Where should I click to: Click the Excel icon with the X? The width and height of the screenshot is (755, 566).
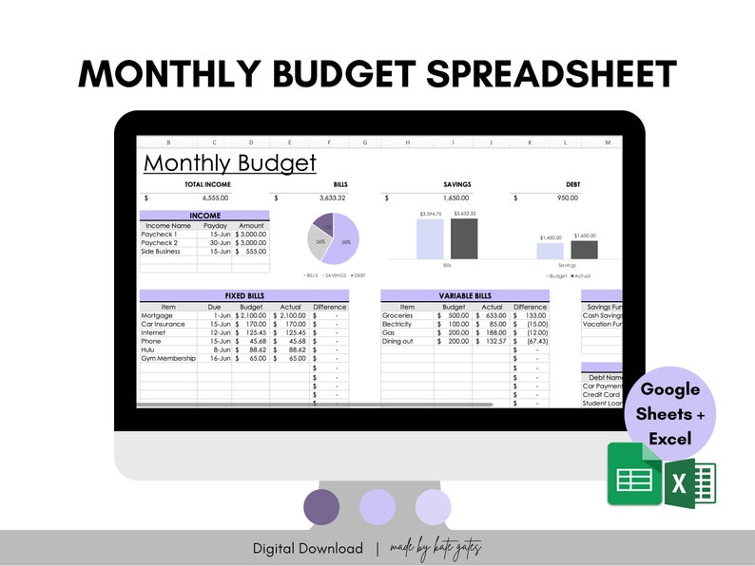click(x=691, y=482)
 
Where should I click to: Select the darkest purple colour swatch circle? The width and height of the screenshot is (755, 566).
click(x=321, y=505)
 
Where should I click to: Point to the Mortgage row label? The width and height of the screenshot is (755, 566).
click(x=157, y=315)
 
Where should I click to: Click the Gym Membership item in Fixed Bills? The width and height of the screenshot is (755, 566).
click(x=168, y=358)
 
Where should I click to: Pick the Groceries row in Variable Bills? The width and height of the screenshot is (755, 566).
click(x=397, y=315)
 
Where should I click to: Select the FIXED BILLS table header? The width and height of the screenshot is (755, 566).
click(x=243, y=295)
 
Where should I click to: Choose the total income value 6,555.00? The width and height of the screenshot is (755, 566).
click(x=215, y=198)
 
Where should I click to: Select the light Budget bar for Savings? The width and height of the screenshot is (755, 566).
click(x=550, y=251)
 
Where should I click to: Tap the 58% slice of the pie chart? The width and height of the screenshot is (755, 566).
click(x=344, y=240)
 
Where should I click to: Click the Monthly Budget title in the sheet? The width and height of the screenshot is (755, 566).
click(x=229, y=163)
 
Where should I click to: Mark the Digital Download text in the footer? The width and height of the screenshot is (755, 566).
click(x=307, y=548)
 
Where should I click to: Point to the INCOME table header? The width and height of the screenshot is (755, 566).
click(x=204, y=216)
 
